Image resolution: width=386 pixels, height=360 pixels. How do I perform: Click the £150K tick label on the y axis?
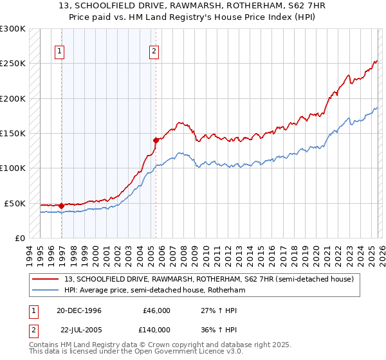tap(13, 134)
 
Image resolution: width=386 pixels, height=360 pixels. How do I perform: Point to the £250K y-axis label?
tap(13, 64)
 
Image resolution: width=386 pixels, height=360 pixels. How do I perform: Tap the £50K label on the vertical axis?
tap(15, 203)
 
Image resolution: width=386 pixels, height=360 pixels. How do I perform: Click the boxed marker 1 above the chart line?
tap(59, 53)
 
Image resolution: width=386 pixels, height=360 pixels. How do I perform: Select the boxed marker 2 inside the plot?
tap(155, 53)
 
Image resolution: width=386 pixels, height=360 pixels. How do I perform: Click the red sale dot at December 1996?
tap(62, 206)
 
